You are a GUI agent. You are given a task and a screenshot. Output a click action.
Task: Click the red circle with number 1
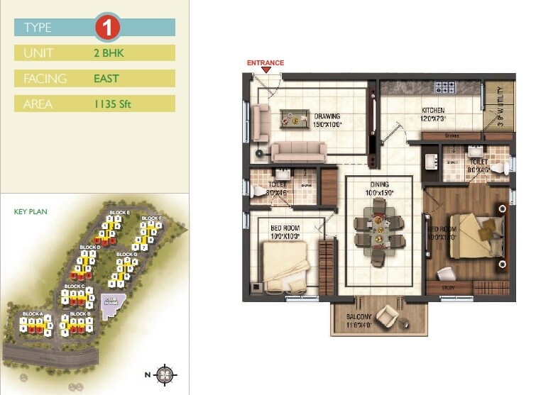pyautogui.click(x=108, y=28)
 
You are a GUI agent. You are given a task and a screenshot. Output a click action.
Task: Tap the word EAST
pyautogui.click(x=106, y=79)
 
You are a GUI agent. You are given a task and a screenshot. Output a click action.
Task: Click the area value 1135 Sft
pyautogui.click(x=112, y=104)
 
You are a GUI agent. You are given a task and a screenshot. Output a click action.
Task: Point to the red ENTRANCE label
pyautogui.click(x=265, y=63)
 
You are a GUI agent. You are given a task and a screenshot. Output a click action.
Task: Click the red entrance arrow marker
pyautogui.click(x=265, y=70)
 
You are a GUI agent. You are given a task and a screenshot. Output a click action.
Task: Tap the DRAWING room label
pyautogui.click(x=327, y=116)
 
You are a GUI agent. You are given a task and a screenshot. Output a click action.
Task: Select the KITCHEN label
pyautogui.click(x=433, y=111)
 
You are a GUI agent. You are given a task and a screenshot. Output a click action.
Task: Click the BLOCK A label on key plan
pyautogui.click(x=33, y=313)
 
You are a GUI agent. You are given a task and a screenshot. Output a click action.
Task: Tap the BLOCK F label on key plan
pyautogui.click(x=151, y=218)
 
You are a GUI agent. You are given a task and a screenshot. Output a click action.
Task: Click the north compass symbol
pyautogui.click(x=165, y=374)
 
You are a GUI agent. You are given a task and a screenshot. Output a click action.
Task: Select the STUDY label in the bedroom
pyautogui.click(x=448, y=288)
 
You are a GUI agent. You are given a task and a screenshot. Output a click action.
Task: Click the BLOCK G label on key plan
pyautogui.click(x=126, y=254)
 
